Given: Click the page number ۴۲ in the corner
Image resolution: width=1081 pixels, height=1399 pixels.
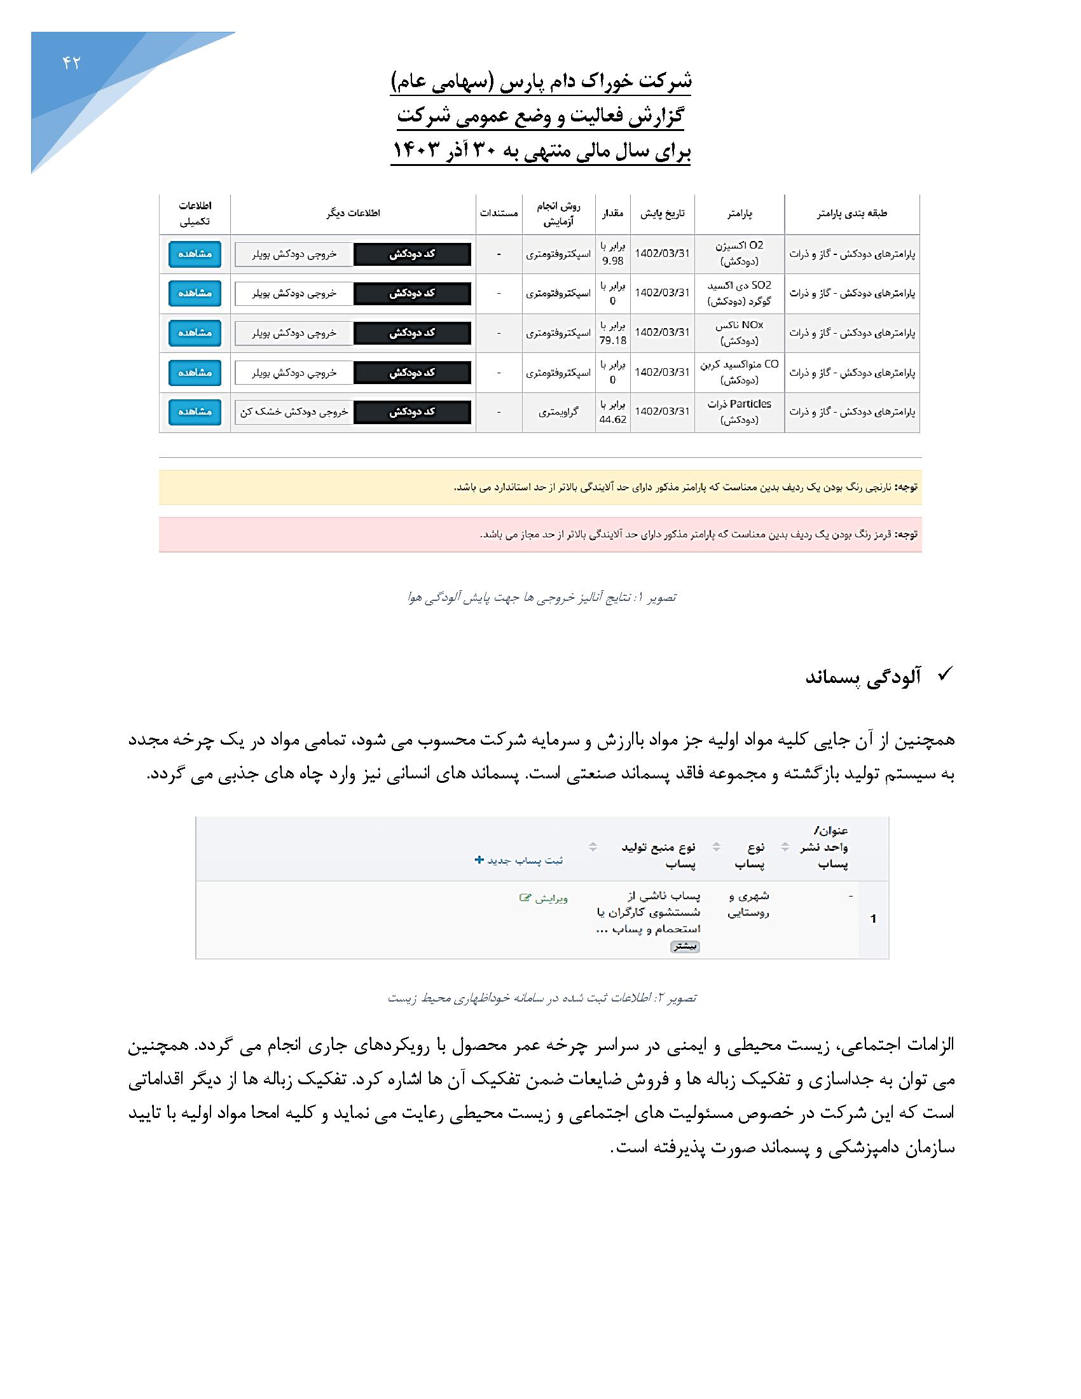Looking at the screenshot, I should (71, 63).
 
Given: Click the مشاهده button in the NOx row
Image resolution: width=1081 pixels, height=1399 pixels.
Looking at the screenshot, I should (195, 333).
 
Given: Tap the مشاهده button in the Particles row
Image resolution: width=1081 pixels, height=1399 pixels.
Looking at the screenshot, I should (195, 412).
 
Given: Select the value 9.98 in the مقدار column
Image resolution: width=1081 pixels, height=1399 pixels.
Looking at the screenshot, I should (613, 261).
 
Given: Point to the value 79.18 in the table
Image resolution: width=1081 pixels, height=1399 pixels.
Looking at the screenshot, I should (613, 341).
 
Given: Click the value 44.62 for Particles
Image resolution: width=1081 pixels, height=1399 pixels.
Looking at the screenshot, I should (613, 420).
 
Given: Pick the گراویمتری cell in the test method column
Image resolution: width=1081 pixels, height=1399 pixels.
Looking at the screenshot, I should (558, 412).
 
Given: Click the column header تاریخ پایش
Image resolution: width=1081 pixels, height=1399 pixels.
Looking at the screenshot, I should (662, 213).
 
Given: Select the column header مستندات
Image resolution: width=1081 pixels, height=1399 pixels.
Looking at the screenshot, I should (499, 213).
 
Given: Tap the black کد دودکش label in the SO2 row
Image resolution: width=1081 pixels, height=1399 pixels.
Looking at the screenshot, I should (413, 293).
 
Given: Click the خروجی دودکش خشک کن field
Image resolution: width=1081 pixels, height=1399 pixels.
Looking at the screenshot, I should (294, 412).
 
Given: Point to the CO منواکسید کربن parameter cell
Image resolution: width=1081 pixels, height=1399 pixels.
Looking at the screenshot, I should (739, 372).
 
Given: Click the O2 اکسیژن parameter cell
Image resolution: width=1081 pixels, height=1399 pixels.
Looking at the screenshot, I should (739, 253).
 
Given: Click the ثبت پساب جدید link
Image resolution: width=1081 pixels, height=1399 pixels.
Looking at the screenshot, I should (519, 860).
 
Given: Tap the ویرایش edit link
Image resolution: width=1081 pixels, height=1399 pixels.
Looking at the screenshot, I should (544, 898).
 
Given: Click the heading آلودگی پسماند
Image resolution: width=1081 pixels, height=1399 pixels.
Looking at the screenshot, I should (863, 678).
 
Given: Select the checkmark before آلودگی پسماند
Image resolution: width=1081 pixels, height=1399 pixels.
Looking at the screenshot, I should (944, 674).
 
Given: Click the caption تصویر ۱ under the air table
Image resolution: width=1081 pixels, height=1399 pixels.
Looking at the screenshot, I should (541, 598).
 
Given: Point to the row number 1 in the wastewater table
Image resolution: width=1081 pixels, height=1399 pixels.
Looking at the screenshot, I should (873, 919).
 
